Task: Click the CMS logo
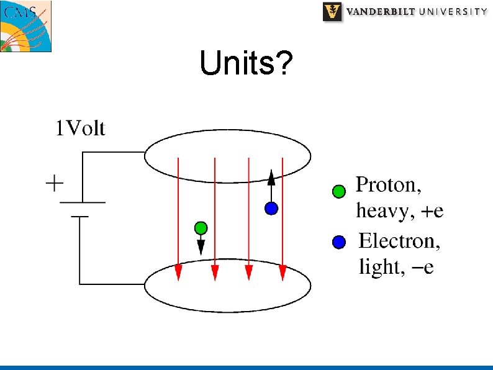[25, 26]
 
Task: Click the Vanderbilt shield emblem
[333, 12]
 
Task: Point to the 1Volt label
[80, 129]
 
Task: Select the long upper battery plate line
[82, 202]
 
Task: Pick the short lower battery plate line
[79, 217]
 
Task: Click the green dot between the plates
[200, 227]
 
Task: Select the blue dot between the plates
[271, 209]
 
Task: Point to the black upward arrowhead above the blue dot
[271, 179]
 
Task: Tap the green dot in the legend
[338, 191]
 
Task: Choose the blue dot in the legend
[338, 243]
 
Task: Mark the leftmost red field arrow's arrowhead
[178, 273]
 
